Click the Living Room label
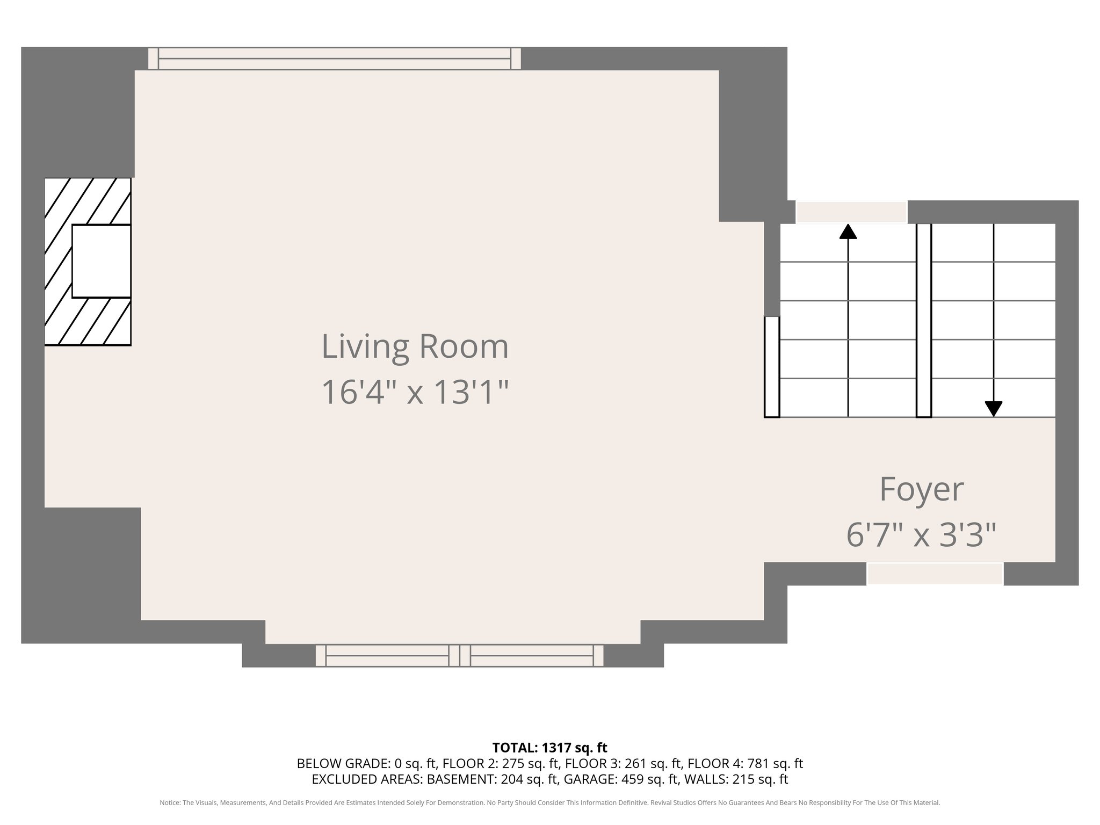415,346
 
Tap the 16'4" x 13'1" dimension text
415,392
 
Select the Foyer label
922,489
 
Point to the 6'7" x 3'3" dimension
922,535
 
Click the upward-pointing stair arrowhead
848,231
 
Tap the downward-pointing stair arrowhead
994,409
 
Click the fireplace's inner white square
102,261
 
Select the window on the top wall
335,59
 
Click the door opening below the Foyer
935,574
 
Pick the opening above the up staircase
851,212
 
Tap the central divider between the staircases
924,320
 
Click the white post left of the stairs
772,367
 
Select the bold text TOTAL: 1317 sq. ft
549,748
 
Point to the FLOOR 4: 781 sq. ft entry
746,763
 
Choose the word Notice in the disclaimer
169,803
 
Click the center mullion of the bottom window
460,656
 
